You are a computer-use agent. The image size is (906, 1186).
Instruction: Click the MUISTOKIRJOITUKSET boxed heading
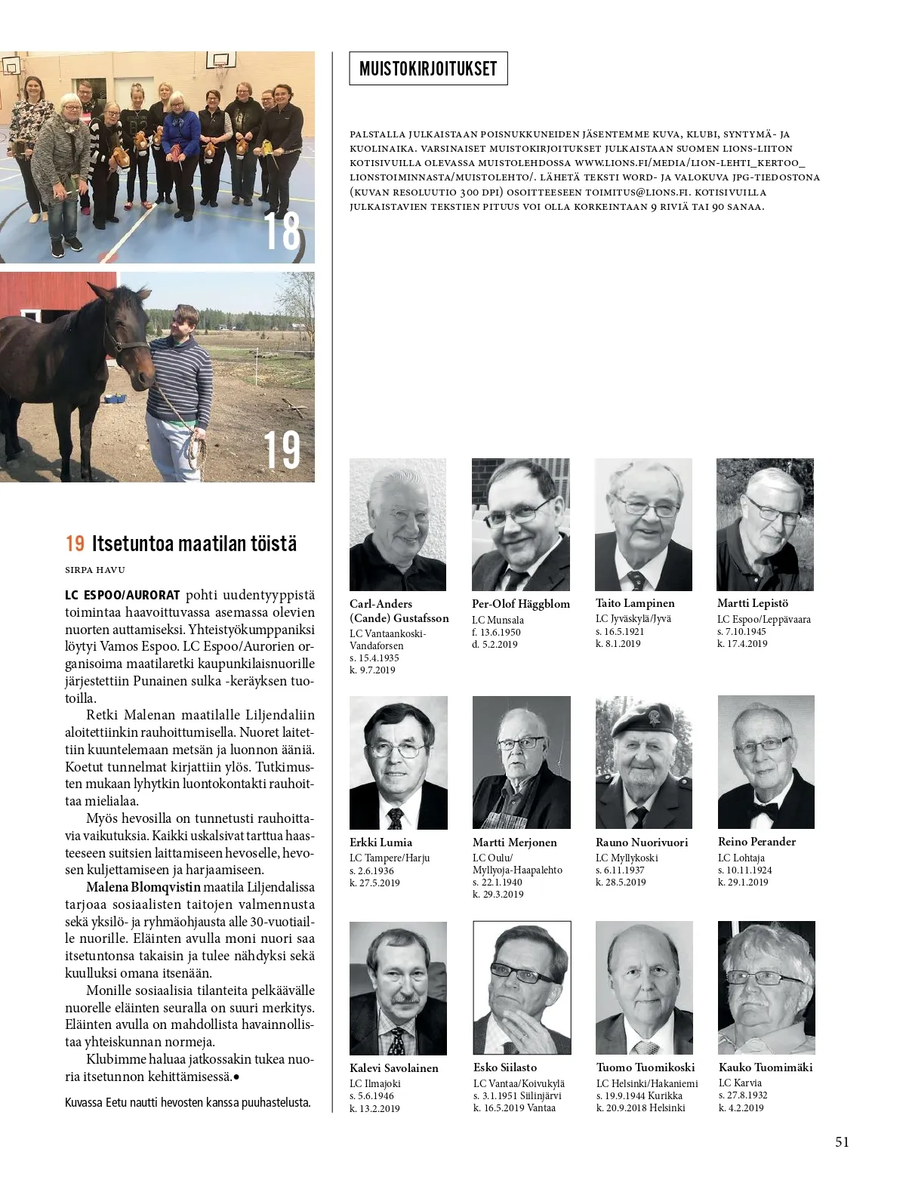tap(428, 69)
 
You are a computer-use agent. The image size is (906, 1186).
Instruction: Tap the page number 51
tap(842, 1141)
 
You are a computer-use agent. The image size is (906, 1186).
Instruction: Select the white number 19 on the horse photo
tap(282, 450)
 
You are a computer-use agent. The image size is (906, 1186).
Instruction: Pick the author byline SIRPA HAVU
tap(95, 569)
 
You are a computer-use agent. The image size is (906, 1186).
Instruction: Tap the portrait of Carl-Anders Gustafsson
tap(398, 525)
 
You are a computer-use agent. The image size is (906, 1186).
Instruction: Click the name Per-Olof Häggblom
tap(521, 604)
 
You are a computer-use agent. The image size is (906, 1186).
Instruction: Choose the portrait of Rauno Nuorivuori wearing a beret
tap(644, 762)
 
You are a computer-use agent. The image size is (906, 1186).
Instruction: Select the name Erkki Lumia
tap(381, 842)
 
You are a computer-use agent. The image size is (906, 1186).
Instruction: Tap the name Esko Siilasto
tap(505, 1067)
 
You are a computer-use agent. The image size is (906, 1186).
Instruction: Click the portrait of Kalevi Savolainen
tap(398, 988)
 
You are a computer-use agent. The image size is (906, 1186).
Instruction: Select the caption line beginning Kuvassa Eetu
tap(188, 1102)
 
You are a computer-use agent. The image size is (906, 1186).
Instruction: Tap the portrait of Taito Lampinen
tap(643, 525)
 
